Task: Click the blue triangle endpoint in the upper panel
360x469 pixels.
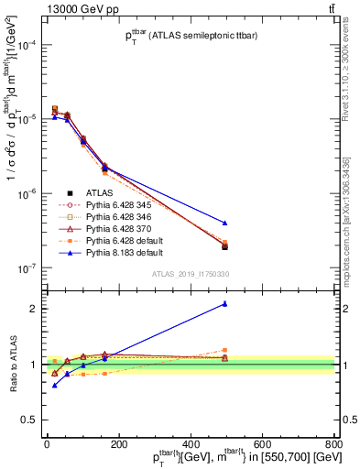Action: tap(224, 223)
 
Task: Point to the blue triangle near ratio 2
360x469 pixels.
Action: tap(224, 304)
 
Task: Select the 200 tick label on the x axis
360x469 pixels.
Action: tap(118, 442)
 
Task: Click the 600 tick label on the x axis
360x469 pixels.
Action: tap(261, 442)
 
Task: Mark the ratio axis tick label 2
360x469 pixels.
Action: tap(32, 309)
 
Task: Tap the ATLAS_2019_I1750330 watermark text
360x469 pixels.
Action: tap(190, 274)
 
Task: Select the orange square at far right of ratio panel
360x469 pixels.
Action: tap(224, 350)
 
